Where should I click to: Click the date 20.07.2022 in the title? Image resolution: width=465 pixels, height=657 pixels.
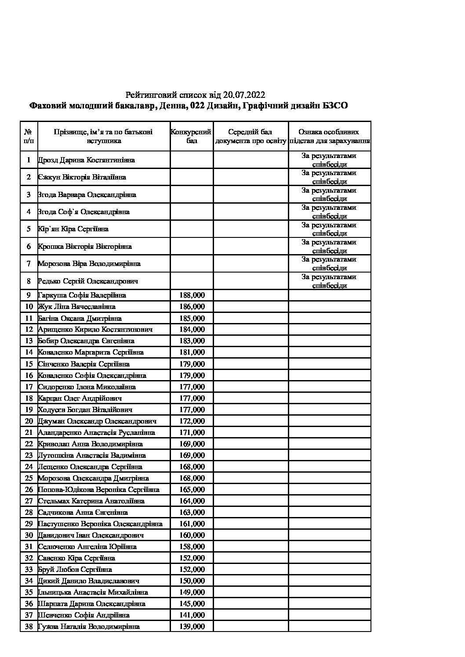[x=244, y=95]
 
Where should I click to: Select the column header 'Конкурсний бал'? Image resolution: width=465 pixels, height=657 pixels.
[x=192, y=136]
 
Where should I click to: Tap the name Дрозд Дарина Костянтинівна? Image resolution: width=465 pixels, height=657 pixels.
[x=87, y=160]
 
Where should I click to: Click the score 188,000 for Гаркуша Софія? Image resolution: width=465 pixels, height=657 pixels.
[x=192, y=295]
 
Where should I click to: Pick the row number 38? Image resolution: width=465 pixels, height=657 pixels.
[x=29, y=626]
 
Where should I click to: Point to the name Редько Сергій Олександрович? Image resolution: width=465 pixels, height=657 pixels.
[x=88, y=281]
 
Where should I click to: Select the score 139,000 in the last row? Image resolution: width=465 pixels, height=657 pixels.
[x=192, y=626]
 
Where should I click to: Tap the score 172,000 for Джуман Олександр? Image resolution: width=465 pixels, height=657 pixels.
[x=192, y=421]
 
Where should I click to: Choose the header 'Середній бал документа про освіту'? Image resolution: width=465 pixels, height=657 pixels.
[x=251, y=136]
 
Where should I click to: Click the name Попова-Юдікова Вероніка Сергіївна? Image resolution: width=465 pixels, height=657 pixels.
[x=99, y=489]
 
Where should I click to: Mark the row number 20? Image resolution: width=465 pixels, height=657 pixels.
[x=29, y=421]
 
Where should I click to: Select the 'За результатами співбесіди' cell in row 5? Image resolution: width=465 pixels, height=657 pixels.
[x=329, y=229]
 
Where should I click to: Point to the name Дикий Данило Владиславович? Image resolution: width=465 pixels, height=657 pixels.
[x=89, y=581]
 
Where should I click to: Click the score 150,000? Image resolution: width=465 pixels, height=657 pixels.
[x=192, y=581]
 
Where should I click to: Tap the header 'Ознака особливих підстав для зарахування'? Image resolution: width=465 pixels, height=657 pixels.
[x=329, y=136]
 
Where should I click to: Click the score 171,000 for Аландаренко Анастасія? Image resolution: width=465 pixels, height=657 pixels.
[x=192, y=432]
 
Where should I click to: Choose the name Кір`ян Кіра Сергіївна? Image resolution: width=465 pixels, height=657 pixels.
[x=73, y=229]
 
